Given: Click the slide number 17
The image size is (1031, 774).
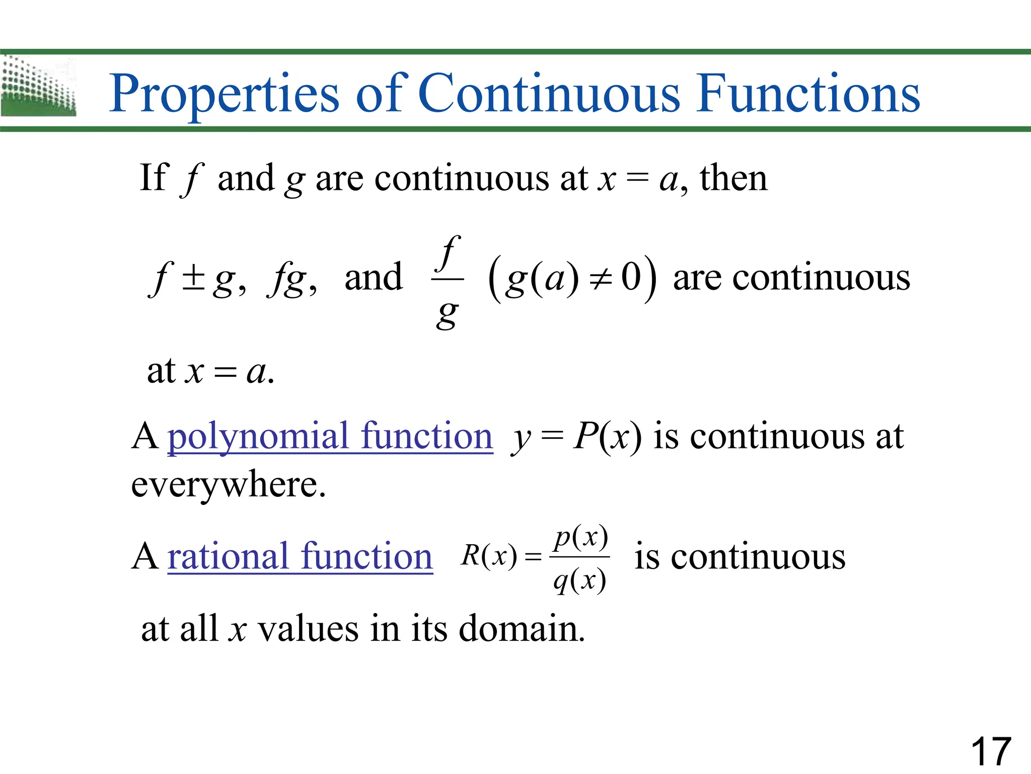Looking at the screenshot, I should (990, 751).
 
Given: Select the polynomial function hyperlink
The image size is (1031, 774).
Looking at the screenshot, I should (330, 436).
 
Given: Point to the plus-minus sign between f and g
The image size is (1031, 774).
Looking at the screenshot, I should (193, 279).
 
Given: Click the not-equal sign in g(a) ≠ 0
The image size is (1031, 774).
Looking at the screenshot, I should (601, 279).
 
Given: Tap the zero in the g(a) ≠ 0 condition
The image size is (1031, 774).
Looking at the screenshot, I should (631, 277).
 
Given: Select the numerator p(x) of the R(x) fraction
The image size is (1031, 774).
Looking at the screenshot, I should (580, 538).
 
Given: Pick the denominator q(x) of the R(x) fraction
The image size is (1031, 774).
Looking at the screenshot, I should (579, 581).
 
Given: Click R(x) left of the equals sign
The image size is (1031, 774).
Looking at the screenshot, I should (489, 556).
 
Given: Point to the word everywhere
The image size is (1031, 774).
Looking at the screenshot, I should (229, 485).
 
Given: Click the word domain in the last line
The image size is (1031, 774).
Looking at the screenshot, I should (522, 629).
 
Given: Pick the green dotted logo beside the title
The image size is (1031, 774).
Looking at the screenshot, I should (38, 87).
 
